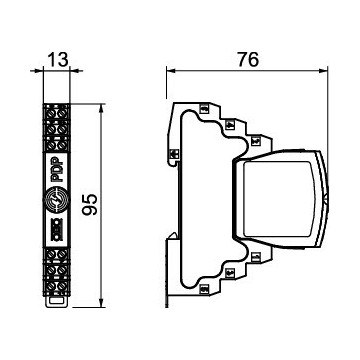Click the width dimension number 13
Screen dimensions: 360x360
click(x=57, y=60)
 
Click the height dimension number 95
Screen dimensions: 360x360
click(x=90, y=204)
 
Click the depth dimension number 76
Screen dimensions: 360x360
click(x=248, y=60)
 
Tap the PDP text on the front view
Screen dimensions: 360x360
click(x=56, y=170)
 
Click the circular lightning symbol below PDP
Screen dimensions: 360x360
click(x=56, y=199)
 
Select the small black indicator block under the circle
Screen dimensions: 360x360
click(x=56, y=229)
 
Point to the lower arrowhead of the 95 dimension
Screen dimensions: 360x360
click(x=101, y=302)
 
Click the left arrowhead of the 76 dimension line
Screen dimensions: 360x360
click(x=171, y=70)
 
